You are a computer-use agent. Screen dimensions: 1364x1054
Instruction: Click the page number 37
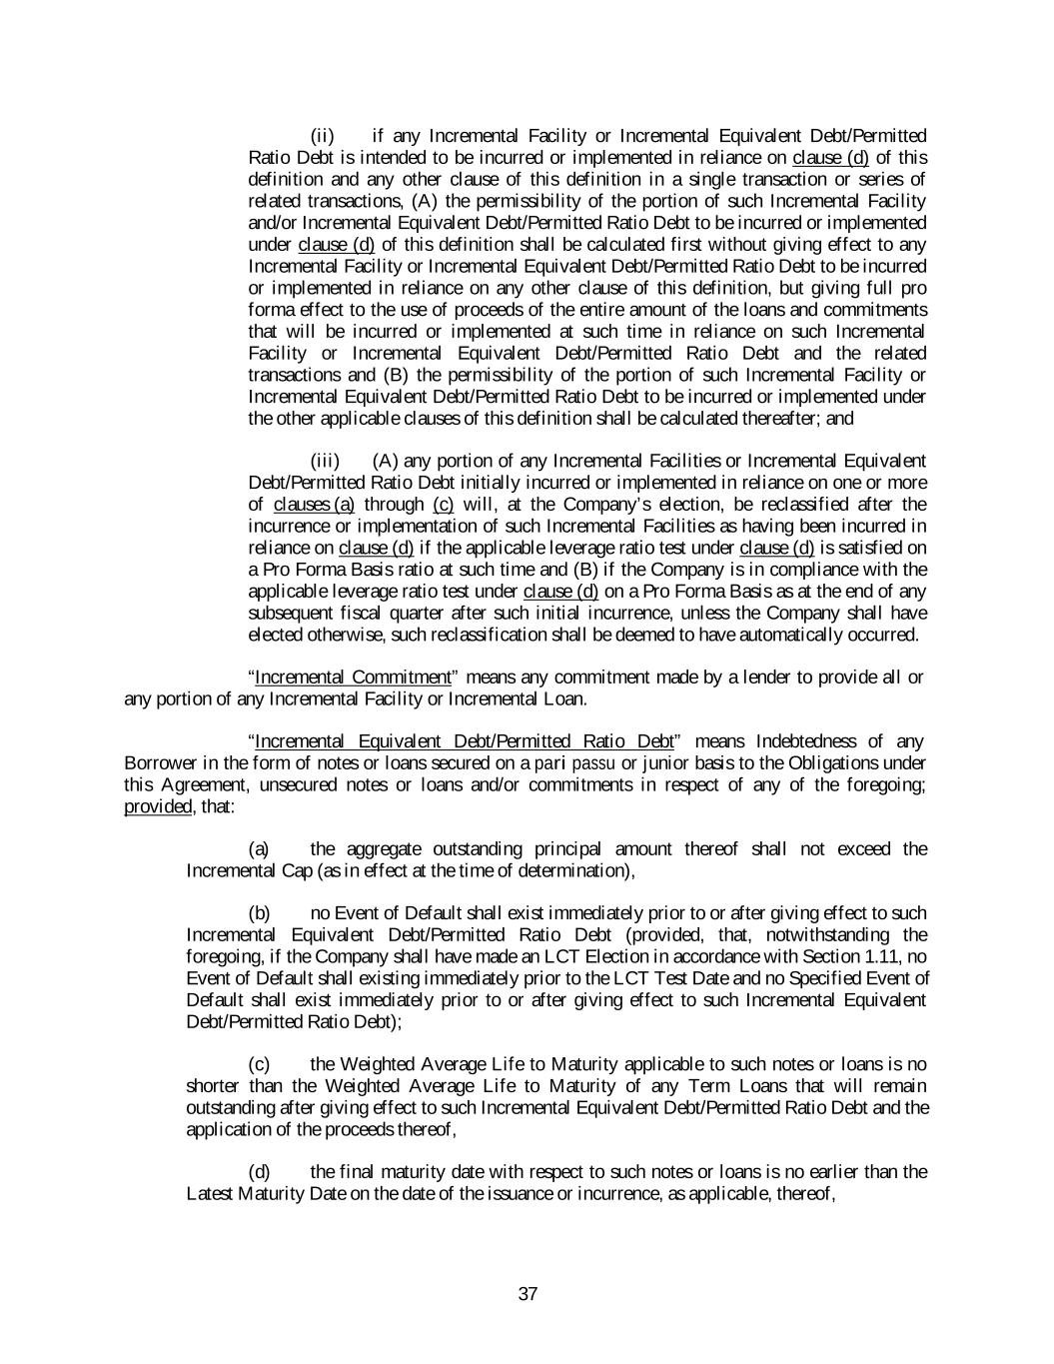528,1295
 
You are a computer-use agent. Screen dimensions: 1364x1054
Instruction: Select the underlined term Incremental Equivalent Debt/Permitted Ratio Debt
465,741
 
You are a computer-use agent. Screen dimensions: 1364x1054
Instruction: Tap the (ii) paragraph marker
323,136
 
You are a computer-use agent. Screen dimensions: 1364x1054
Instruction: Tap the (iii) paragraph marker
325,461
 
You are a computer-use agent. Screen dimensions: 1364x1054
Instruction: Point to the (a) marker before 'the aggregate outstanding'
259,849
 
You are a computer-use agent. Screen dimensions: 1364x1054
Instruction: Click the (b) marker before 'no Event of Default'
259,913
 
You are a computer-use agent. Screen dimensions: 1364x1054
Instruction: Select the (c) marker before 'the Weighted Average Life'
259,1064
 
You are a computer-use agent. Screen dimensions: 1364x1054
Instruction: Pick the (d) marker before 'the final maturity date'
259,1172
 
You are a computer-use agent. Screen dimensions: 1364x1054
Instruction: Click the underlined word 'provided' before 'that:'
155,806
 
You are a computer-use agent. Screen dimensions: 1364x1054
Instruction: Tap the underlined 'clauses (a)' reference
314,505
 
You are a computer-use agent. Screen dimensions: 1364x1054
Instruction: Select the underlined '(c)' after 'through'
444,505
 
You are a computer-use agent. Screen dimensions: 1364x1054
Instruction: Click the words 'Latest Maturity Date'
265,1194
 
